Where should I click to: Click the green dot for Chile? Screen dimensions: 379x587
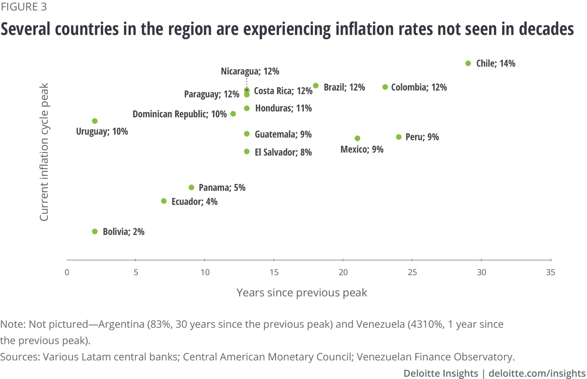[x=468, y=63]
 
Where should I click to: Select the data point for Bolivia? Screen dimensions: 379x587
[x=95, y=232]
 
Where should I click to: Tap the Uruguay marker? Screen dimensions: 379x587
[x=95, y=121]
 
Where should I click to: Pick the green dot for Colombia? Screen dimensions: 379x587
[x=385, y=87]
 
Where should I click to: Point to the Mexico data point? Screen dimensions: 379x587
[x=357, y=138]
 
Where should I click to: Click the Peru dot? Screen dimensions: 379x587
[x=399, y=137]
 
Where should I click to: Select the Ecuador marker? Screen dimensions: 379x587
[x=164, y=201]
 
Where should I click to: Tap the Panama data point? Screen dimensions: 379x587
[x=191, y=187]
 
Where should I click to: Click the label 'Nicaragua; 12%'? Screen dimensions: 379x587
[x=250, y=71]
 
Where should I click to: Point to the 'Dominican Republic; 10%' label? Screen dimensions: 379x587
[x=180, y=114]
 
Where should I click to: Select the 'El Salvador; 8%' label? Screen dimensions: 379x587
[x=283, y=152]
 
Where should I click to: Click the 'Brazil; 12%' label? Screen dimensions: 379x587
[x=344, y=87]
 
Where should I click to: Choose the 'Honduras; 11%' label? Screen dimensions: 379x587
[x=283, y=108]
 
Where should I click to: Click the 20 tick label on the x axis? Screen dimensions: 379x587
[x=343, y=272]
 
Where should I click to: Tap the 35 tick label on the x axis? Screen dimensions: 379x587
[x=550, y=272]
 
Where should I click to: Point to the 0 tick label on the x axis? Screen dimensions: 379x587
[x=67, y=272]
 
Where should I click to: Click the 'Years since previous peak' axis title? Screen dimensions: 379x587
[x=302, y=293]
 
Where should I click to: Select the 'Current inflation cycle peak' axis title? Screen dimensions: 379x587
[x=44, y=152]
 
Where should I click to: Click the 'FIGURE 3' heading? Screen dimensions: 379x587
[x=24, y=7]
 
